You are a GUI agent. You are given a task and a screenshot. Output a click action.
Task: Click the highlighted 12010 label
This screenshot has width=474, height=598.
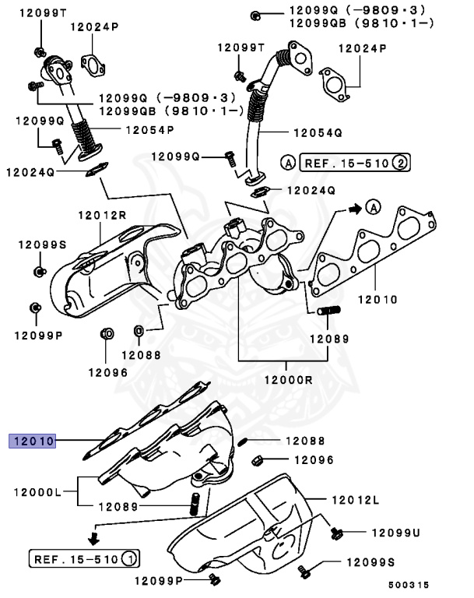tap(32, 440)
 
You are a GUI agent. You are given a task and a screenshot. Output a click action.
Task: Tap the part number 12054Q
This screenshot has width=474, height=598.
tap(317, 132)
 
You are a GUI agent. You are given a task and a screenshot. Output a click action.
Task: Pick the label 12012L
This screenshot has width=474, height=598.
tap(355, 498)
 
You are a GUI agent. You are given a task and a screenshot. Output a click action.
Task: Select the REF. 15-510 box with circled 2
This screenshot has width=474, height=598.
tap(345, 163)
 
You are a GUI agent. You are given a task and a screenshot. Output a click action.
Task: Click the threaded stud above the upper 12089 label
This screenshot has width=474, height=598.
tap(326, 312)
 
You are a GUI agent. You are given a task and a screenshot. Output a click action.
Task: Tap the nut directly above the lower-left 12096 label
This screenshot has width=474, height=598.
tap(107, 335)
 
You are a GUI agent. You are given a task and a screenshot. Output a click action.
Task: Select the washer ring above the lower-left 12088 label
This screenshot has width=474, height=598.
tap(139, 334)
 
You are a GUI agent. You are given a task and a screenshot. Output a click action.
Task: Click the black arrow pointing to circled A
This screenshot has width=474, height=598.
tap(354, 208)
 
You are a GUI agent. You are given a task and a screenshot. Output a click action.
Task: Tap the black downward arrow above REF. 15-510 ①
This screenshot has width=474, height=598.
tap(93, 536)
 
